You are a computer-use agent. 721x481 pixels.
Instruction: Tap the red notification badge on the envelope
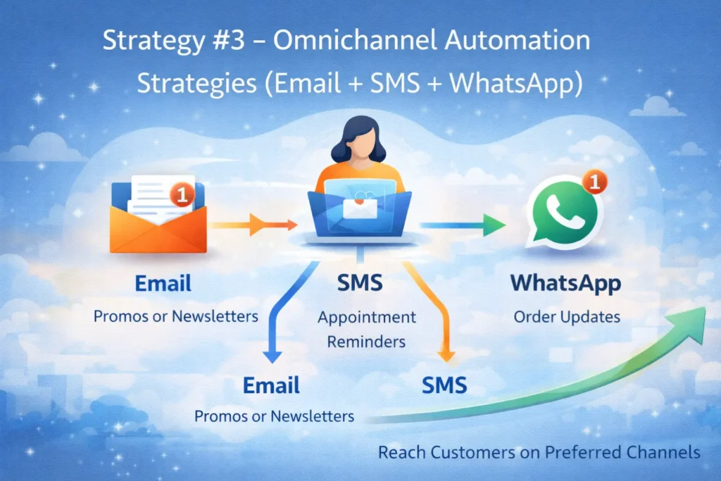(x=182, y=194)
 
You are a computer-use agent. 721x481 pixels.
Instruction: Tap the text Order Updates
(x=567, y=316)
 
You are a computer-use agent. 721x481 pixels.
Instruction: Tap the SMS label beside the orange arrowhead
(x=444, y=385)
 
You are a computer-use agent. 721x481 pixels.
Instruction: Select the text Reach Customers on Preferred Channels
(x=539, y=451)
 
